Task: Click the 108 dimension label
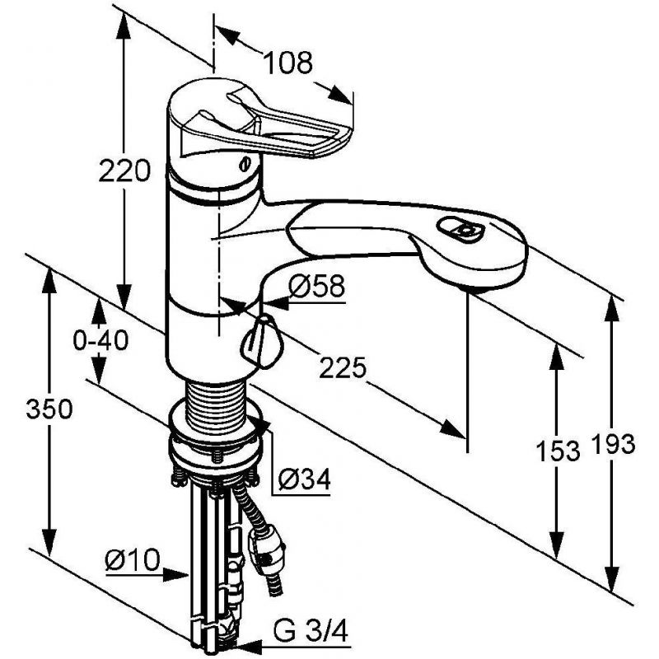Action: (x=288, y=63)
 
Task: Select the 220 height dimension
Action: (x=124, y=171)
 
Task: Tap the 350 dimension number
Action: (x=49, y=409)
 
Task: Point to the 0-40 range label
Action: (x=100, y=340)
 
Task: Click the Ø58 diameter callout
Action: (x=317, y=286)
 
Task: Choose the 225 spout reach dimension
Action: (x=343, y=367)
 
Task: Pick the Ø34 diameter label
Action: (x=305, y=479)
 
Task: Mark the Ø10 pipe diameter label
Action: (x=133, y=560)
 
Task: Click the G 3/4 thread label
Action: (x=311, y=629)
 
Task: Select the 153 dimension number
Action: (x=558, y=451)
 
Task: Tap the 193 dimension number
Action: (x=613, y=444)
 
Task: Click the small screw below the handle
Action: (x=245, y=163)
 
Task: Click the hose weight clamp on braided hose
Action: (x=266, y=549)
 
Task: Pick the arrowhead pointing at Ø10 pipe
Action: (x=175, y=574)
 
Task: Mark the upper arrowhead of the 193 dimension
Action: (x=611, y=311)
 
